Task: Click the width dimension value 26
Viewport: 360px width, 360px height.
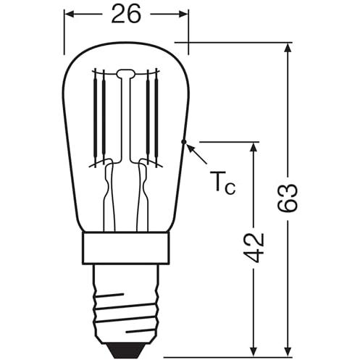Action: point(126,14)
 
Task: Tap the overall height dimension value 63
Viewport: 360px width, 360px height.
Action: point(287,198)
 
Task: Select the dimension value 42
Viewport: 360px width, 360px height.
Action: point(254,248)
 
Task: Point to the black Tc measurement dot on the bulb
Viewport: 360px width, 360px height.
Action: point(184,142)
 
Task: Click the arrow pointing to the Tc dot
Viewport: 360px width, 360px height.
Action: point(197,154)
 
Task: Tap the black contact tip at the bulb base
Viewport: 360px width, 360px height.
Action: point(126,350)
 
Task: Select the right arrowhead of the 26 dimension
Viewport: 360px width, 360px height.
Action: point(183,14)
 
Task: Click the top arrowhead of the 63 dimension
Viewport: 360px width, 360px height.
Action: point(287,48)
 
